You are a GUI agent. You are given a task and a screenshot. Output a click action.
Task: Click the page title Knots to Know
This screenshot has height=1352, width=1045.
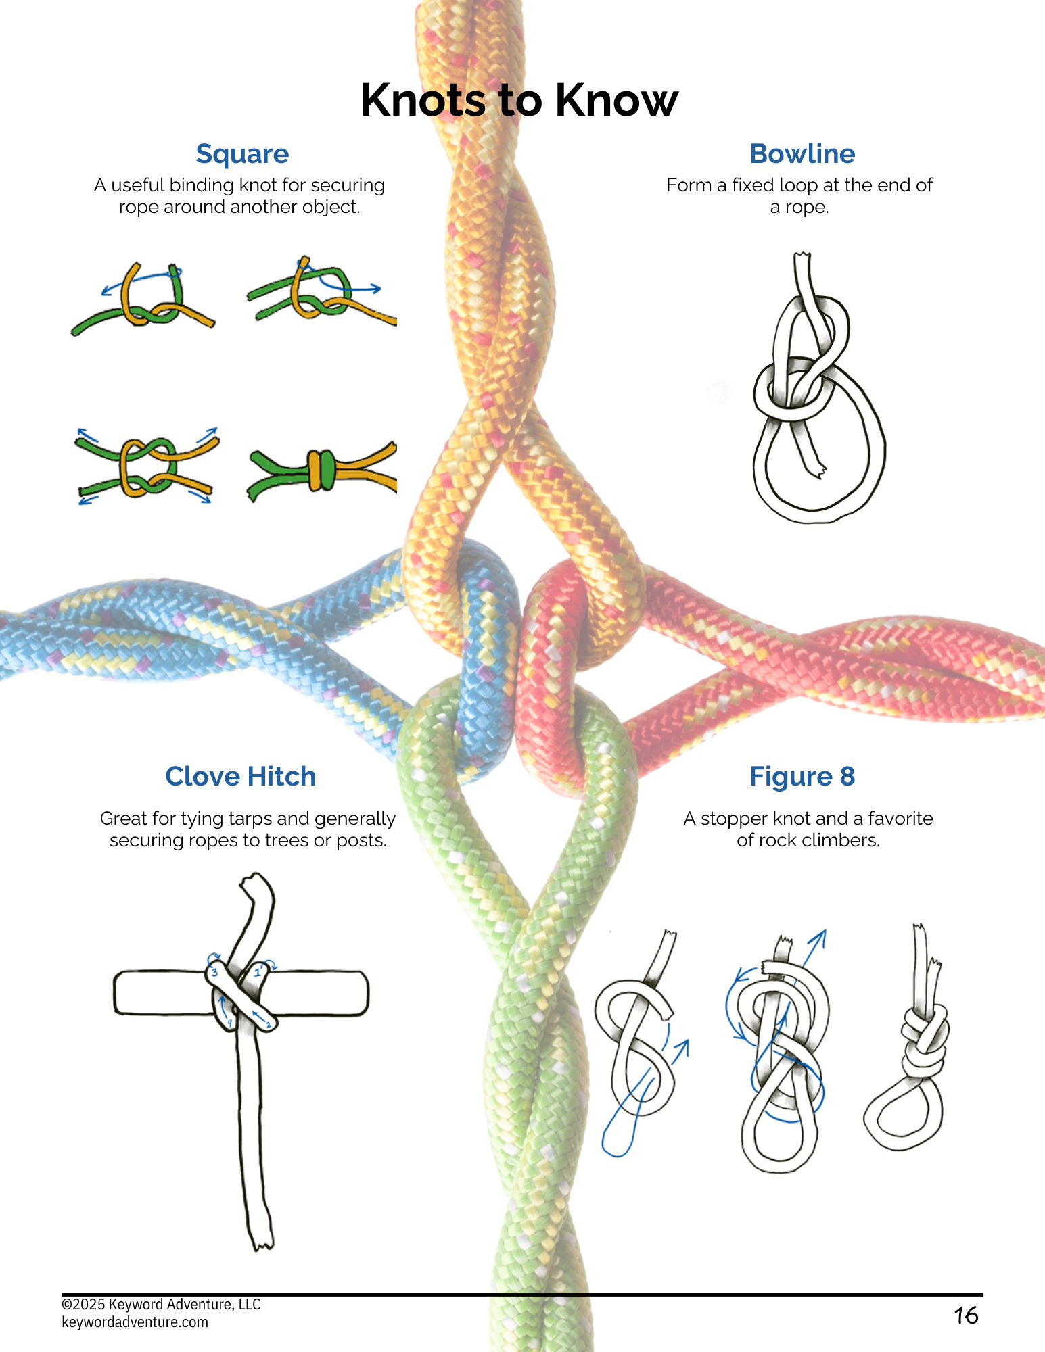click(519, 100)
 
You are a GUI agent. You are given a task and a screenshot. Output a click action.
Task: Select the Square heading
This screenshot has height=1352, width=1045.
click(242, 155)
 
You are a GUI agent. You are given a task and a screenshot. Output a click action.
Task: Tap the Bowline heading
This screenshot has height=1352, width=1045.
click(802, 154)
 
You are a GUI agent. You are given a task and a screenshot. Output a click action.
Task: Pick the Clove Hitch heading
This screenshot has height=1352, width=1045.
click(240, 776)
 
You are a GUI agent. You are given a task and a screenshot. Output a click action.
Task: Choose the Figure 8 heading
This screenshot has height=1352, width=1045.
click(802, 777)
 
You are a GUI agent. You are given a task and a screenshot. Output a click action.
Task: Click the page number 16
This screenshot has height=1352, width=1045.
click(966, 1315)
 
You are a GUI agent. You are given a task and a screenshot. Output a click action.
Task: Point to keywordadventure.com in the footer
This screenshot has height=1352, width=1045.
click(135, 1322)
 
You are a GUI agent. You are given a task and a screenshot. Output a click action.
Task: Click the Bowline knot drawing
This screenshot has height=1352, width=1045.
click(818, 388)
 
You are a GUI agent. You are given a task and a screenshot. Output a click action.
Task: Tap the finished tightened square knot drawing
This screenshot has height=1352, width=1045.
click(322, 469)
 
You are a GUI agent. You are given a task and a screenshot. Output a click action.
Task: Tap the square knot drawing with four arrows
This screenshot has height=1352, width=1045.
click(147, 466)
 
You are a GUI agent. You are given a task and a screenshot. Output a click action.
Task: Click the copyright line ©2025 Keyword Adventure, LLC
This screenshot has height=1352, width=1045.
click(161, 1305)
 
